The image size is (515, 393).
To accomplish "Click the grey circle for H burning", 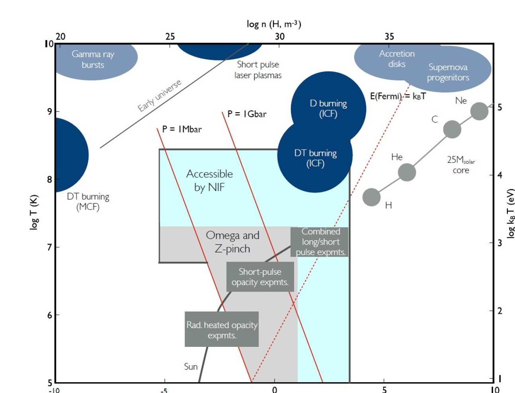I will click(x=372, y=197).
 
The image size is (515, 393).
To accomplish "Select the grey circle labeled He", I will click(x=407, y=172).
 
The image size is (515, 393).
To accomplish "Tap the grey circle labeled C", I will click(x=452, y=129).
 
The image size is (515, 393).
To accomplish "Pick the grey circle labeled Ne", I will click(x=479, y=111).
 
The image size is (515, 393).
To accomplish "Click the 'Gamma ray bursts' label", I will click(x=93, y=59).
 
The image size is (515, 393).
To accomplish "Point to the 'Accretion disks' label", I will click(x=397, y=59).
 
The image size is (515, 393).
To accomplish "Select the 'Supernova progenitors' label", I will click(x=448, y=72).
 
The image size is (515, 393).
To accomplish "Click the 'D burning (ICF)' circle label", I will click(x=328, y=109).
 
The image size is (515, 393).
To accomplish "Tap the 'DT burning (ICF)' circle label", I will click(x=315, y=158).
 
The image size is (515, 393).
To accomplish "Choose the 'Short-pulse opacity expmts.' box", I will click(x=260, y=277).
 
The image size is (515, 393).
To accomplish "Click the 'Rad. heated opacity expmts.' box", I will click(x=222, y=330).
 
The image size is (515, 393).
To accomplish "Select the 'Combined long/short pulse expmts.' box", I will click(x=320, y=242).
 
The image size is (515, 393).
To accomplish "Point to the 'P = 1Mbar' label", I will click(x=182, y=129).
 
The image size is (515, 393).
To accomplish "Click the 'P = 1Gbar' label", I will click(x=247, y=114).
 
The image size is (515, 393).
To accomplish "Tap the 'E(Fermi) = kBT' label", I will click(x=398, y=96).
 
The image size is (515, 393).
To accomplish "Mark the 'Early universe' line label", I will click(x=159, y=96).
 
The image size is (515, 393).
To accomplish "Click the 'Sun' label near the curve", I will click(x=191, y=367).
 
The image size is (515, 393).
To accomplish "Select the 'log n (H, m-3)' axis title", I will click(x=274, y=24).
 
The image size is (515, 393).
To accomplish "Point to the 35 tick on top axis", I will click(x=389, y=37).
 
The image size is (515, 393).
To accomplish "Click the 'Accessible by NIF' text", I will click(x=209, y=180).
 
